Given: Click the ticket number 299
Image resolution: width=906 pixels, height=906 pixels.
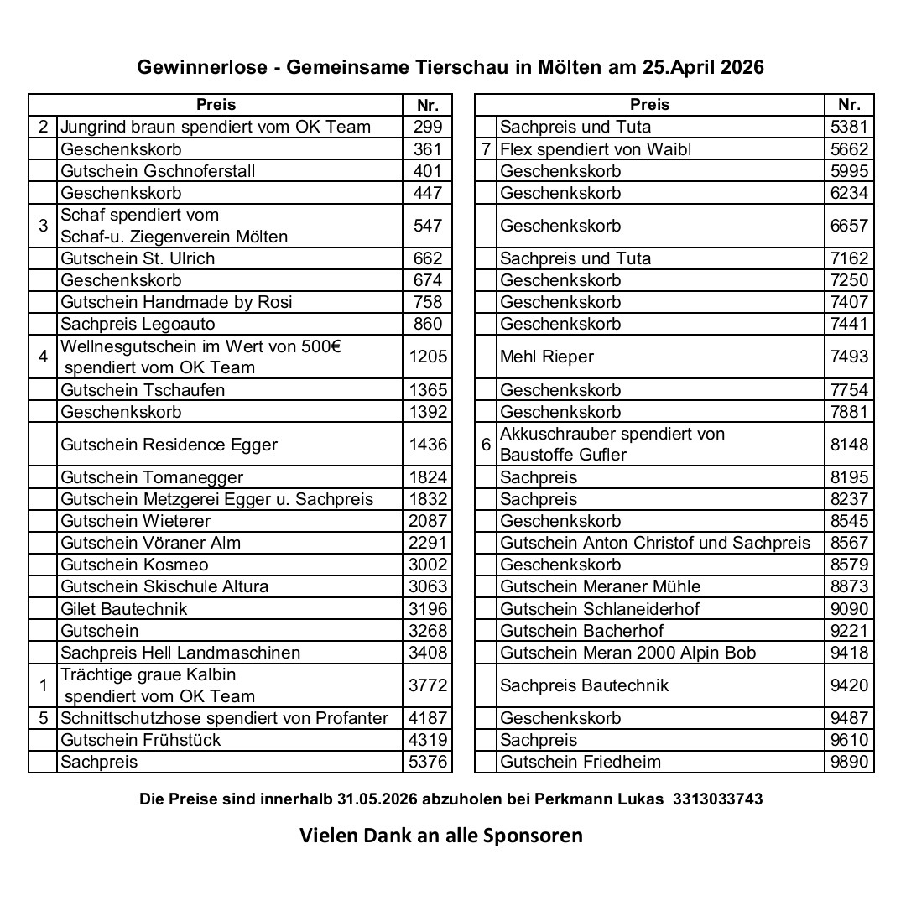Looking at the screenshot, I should (427, 128).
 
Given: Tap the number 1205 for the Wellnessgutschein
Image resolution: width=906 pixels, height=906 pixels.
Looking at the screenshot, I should (427, 357).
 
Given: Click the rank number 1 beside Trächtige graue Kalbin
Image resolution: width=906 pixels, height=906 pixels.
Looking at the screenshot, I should (43, 685).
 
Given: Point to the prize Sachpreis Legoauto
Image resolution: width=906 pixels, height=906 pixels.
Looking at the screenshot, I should (138, 324).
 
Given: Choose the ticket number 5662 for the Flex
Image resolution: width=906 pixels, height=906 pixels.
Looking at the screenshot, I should (849, 149).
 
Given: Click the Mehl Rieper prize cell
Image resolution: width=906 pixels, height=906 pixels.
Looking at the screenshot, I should (546, 357).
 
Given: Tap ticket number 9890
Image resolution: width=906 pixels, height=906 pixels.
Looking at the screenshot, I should (849, 762).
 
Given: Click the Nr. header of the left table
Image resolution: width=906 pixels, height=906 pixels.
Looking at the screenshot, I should (427, 105).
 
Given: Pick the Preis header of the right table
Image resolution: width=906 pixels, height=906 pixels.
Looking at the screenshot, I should (649, 105).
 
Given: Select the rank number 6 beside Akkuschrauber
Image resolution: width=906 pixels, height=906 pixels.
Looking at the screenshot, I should (486, 444).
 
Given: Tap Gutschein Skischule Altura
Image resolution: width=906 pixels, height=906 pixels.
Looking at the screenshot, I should (164, 586).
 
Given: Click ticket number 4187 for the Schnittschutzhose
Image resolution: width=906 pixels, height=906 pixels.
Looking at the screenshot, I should (427, 718).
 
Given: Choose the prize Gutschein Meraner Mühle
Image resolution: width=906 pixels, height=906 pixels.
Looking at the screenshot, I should (600, 586).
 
